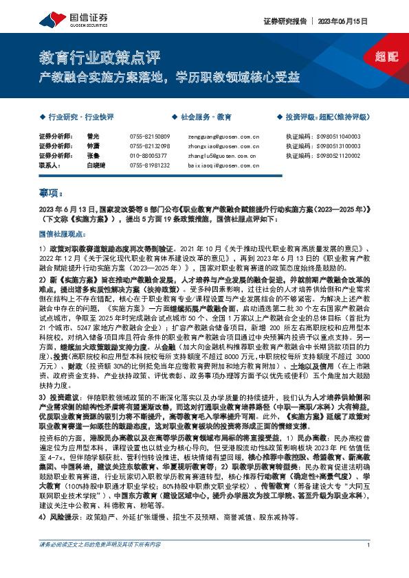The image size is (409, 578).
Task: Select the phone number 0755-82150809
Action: (x=149, y=137)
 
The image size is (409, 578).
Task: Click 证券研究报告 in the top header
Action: (x=281, y=21)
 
